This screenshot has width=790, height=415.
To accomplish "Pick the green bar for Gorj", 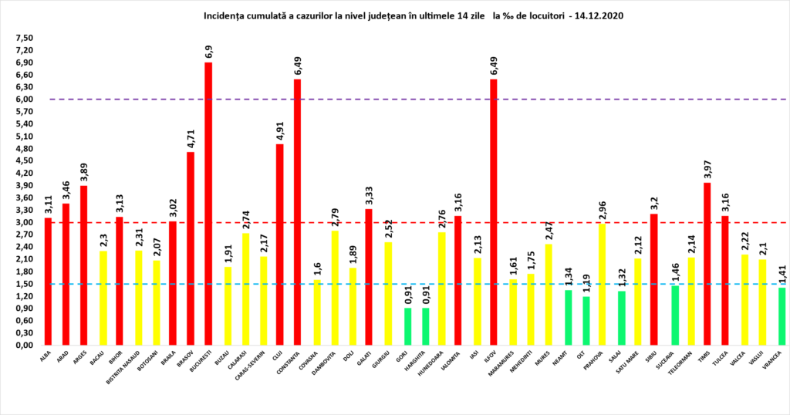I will pyautogui.click(x=408, y=326).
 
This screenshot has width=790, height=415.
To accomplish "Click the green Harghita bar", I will pyautogui.click(x=426, y=326).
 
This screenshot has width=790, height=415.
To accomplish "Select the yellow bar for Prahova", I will pyautogui.click(x=601, y=285).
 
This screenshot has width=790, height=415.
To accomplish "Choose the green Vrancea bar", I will pyautogui.click(x=782, y=316).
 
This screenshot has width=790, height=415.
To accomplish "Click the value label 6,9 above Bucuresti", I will pyautogui.click(x=208, y=52).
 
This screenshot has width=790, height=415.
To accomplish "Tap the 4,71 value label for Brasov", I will pyautogui.click(x=191, y=139).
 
